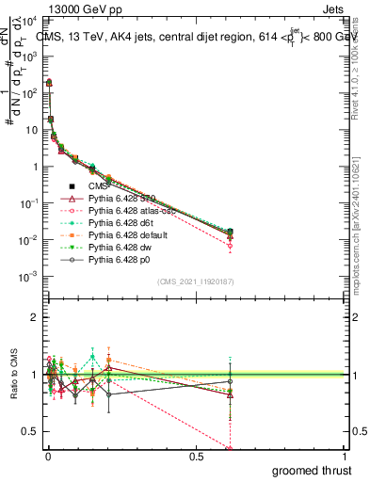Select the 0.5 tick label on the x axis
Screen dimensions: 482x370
click(196, 456)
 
